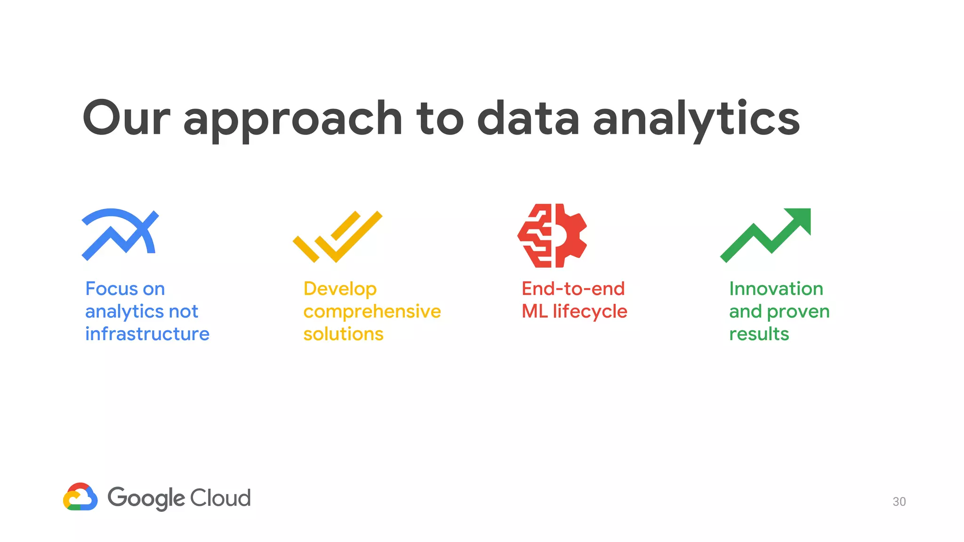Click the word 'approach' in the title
click(292, 120)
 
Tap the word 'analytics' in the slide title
click(696, 120)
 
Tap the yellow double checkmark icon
click(337, 237)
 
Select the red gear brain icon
click(552, 235)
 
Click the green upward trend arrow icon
click(766, 235)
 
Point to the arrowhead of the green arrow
click(800, 219)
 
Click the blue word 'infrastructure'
click(147, 334)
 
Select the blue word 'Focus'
click(111, 289)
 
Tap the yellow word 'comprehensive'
click(372, 311)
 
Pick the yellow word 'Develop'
click(340, 289)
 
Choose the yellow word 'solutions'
click(343, 334)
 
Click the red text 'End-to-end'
click(573, 289)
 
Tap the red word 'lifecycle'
click(590, 311)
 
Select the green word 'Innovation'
click(776, 289)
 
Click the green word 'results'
click(759, 334)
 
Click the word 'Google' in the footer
click(146, 498)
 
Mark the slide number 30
click(899, 502)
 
